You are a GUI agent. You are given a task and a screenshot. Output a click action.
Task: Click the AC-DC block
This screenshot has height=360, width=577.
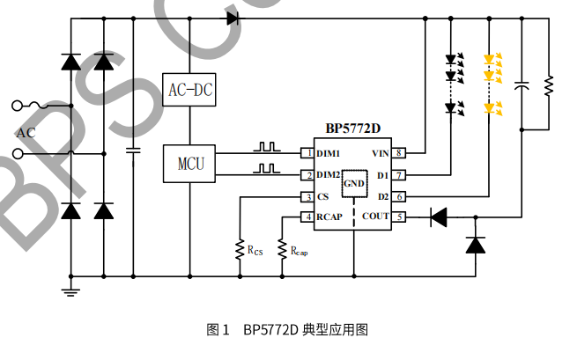(189, 89)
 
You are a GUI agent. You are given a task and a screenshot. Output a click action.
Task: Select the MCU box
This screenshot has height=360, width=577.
(189, 164)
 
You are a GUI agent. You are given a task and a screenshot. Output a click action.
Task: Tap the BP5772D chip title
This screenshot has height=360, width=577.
(352, 129)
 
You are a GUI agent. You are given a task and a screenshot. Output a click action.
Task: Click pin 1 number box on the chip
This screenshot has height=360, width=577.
(308, 153)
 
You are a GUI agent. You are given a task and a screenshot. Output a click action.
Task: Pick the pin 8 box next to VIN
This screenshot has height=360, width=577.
(399, 153)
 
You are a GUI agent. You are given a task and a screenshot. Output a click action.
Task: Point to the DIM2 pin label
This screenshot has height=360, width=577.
(329, 174)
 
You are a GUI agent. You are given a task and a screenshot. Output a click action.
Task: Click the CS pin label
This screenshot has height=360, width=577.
(323, 196)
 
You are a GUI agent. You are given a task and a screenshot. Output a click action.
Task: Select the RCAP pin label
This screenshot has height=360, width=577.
(330, 217)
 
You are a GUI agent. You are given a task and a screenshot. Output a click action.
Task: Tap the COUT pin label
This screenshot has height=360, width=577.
(375, 217)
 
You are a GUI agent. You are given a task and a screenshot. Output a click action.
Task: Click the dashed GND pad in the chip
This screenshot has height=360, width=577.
(354, 184)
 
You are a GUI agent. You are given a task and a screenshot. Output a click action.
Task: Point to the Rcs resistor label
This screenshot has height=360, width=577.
(255, 252)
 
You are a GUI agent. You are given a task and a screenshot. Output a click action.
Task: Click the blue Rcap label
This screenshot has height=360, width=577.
(300, 252)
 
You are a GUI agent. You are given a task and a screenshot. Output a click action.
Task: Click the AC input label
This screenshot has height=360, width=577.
(26, 133)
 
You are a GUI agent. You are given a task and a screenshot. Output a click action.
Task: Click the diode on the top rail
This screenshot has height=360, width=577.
(233, 17)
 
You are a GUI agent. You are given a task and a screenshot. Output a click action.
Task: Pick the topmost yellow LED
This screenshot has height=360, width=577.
(492, 61)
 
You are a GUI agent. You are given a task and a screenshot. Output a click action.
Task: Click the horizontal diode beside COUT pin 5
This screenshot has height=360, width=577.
(438, 217)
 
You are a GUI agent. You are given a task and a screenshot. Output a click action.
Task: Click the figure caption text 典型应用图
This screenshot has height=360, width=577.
(334, 330)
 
